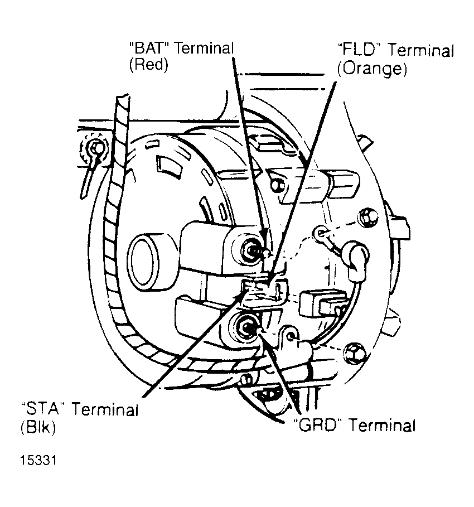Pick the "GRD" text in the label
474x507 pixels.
pyautogui.click(x=317, y=426)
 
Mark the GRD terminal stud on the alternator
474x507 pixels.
pyautogui.click(x=248, y=328)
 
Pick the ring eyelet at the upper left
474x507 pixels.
pyautogui.click(x=97, y=148)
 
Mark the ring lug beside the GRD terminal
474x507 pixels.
pyautogui.click(x=290, y=336)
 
